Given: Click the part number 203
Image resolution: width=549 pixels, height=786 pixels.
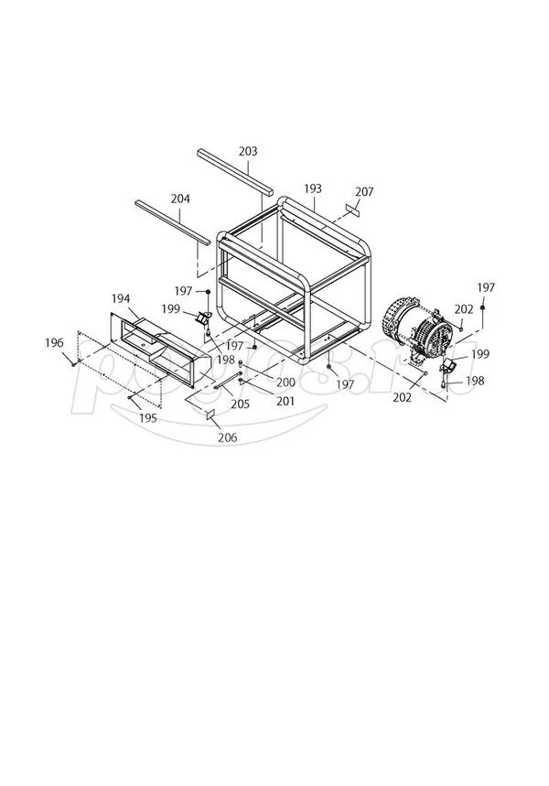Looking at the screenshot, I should coord(247,151).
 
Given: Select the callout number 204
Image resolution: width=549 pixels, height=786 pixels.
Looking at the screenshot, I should coord(180,199).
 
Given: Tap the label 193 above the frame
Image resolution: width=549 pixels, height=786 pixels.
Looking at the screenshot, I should coord(313,188).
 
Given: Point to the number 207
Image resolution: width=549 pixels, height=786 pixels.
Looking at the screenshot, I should coord(364,192).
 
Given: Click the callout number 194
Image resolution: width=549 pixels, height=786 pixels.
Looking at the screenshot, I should coord(121,299).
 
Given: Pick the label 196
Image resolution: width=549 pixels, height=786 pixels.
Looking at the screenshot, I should coord(54,342).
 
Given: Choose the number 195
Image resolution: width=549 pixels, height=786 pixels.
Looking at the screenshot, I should coord(148,417).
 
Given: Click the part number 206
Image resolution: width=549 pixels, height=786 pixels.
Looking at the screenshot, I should coord(227,437).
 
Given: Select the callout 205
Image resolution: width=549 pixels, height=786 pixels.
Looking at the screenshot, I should coord(241,404).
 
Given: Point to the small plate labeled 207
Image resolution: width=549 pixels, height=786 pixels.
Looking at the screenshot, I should coord(353,210).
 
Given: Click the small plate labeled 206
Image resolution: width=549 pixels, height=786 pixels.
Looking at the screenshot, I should coord(210,415).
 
